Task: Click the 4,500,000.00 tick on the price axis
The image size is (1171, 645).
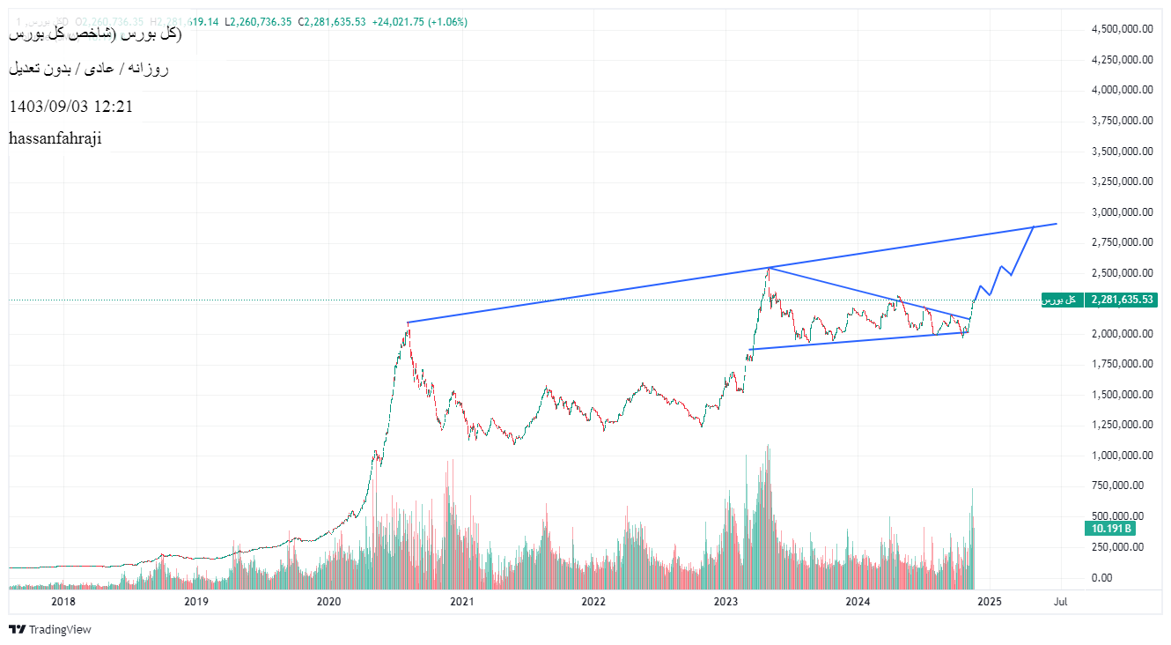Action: (x=1123, y=29)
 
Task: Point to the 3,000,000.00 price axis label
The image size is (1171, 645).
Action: (x=1123, y=211)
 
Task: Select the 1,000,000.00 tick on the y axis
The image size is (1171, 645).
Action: (x=1123, y=456)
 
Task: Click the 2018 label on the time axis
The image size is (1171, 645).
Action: (x=63, y=602)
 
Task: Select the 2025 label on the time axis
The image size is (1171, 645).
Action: (x=990, y=602)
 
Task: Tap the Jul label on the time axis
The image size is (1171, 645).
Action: (x=1061, y=602)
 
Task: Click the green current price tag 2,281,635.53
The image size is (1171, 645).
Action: (x=1121, y=300)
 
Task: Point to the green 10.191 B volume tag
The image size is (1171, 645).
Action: (x=1110, y=529)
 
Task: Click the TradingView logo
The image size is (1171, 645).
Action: (x=50, y=629)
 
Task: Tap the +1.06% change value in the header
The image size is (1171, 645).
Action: (x=448, y=21)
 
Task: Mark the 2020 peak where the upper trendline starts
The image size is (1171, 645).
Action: (x=408, y=322)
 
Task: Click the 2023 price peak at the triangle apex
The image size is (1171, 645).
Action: (x=768, y=267)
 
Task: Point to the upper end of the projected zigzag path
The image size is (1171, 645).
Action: (x=1033, y=227)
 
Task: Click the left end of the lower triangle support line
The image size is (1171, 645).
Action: (x=749, y=350)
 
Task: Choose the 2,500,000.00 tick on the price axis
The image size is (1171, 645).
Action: (x=1123, y=272)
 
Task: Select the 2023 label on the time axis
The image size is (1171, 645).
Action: (x=725, y=602)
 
